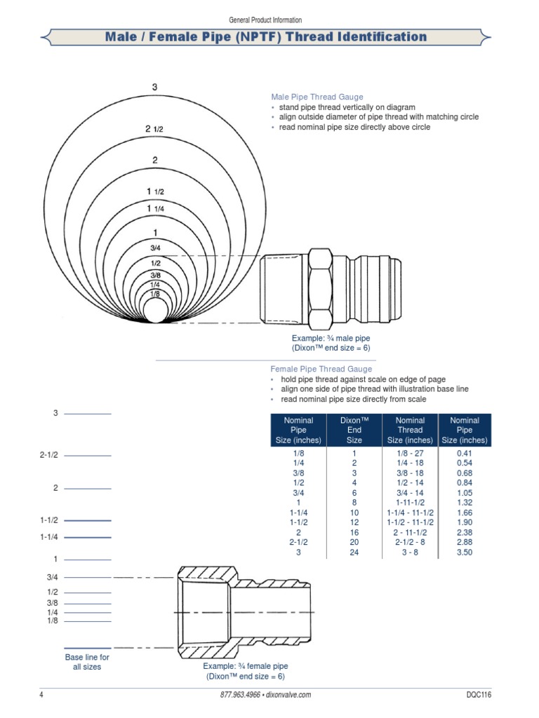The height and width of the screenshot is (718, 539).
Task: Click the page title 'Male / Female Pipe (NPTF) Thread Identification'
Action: [x=265, y=36]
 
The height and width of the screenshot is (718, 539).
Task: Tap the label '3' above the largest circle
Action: [x=154, y=87]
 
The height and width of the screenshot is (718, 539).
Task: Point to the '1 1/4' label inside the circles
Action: [x=154, y=208]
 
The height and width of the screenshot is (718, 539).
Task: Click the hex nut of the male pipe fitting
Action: [x=320, y=288]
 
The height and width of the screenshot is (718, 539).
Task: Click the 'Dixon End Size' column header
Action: [x=354, y=430]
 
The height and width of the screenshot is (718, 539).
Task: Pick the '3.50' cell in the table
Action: [x=465, y=553]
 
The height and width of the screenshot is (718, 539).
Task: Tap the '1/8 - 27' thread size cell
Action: [x=410, y=454]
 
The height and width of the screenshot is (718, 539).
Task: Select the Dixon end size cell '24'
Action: [x=354, y=553]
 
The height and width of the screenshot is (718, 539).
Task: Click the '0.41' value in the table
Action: [x=465, y=454]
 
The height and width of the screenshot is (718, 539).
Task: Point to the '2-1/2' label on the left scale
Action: [x=48, y=456]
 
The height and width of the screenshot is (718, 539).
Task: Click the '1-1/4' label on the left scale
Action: [x=48, y=537]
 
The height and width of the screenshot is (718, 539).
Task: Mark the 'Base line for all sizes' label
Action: [x=87, y=662]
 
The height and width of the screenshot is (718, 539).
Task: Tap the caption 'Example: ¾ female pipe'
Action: [x=246, y=666]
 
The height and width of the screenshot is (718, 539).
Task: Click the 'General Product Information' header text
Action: [x=265, y=20]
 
